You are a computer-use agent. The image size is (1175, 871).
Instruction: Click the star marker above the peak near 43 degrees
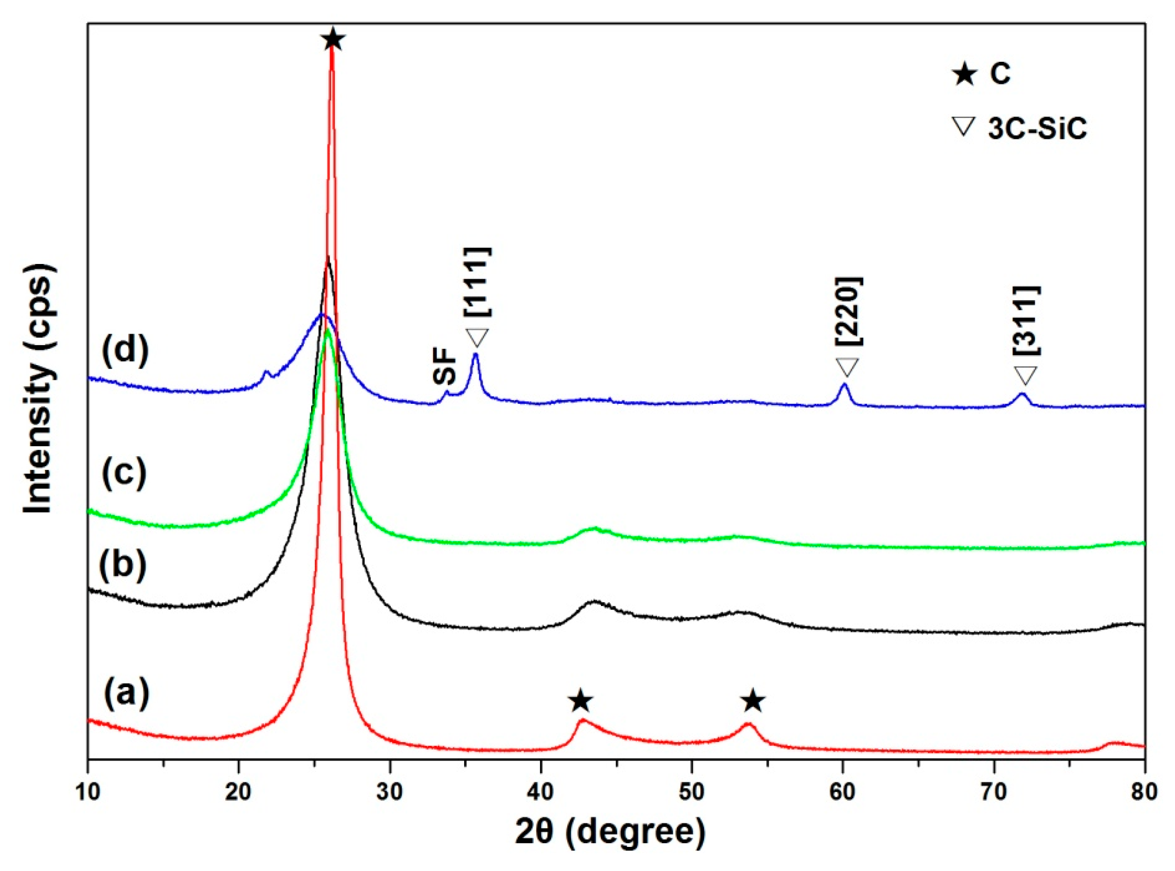(x=580, y=701)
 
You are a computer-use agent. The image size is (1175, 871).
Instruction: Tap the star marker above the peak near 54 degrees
(x=753, y=701)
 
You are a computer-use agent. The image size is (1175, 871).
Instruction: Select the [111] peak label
(x=478, y=282)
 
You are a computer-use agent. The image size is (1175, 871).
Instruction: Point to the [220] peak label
(x=848, y=311)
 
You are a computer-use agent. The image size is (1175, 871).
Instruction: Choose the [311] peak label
(x=1026, y=321)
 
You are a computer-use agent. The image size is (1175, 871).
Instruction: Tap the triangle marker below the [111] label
(x=477, y=337)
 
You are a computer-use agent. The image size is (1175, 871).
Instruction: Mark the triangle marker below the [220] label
(x=847, y=367)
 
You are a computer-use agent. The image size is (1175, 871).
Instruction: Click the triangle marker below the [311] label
(x=1026, y=376)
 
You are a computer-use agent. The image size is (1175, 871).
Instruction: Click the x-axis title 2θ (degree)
(x=610, y=833)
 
